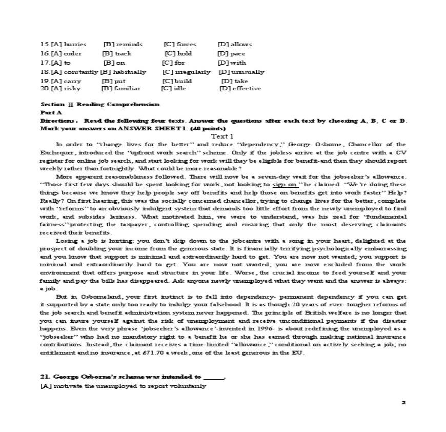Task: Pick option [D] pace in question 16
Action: (x=231, y=53)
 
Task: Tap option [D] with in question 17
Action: (x=232, y=63)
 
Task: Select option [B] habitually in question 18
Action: (x=123, y=72)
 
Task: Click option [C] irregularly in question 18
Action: (x=186, y=72)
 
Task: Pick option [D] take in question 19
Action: (x=234, y=81)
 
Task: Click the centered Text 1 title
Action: (x=222, y=136)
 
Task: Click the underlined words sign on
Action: (x=285, y=184)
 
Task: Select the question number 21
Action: (x=45, y=377)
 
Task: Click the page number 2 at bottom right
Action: (x=403, y=402)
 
